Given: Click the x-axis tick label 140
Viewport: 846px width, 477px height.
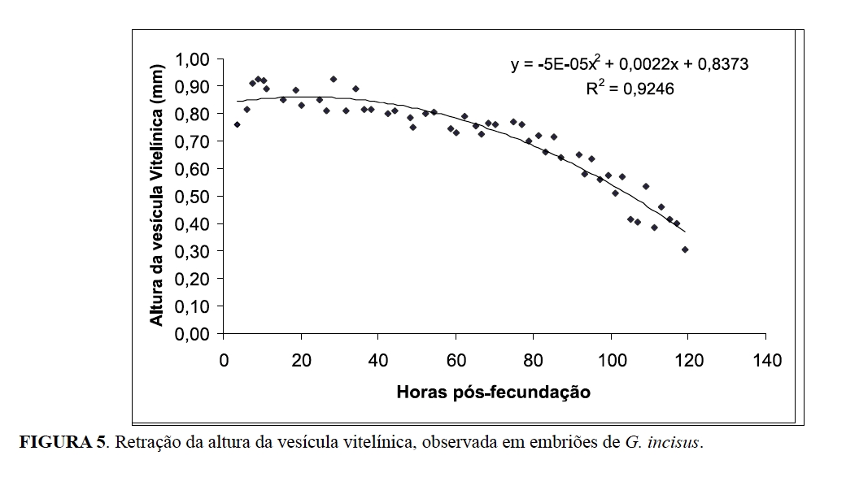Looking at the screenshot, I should click(767, 360).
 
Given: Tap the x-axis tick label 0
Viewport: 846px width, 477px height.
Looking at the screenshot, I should click(225, 360).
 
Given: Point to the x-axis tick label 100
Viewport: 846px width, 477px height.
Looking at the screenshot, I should click(610, 360).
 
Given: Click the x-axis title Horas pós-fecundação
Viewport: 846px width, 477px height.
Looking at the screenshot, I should click(494, 392).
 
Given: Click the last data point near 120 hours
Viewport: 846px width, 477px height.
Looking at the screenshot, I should click(685, 249).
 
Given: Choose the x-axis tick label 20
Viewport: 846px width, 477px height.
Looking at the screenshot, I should click(301, 360).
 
